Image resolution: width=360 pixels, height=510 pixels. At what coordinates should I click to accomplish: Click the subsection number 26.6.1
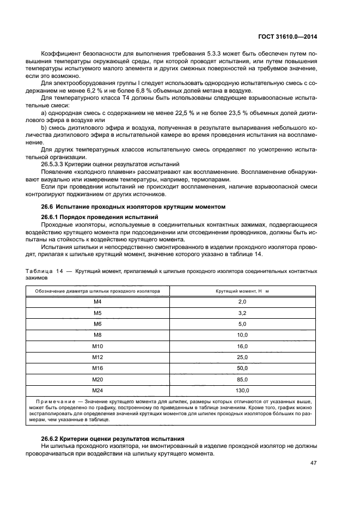pyautogui.click(x=53, y=217)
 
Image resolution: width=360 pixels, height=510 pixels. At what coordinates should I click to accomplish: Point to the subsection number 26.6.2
pyautogui.click(x=53, y=439)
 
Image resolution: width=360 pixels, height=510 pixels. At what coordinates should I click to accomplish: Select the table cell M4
pyautogui.click(x=97, y=301)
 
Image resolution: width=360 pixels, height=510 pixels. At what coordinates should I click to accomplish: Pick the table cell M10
pyautogui.click(x=97, y=346)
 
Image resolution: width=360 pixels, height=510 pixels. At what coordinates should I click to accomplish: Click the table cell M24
pyautogui.click(x=97, y=391)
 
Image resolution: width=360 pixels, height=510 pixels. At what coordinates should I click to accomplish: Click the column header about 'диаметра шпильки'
pyautogui.click(x=97, y=291)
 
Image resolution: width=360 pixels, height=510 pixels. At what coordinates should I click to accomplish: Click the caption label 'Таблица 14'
pyautogui.click(x=44, y=270)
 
